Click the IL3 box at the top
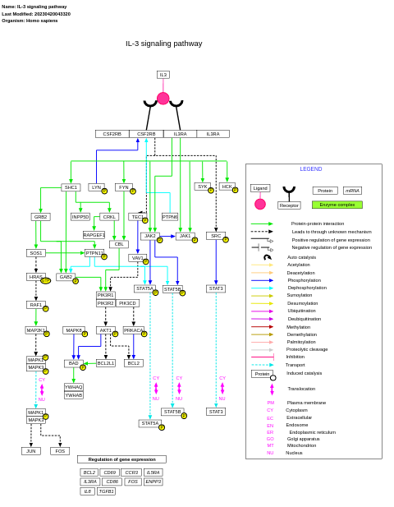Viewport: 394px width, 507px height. pyautogui.click(x=163, y=75)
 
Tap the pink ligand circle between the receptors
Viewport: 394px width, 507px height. pyautogui.click(x=163, y=99)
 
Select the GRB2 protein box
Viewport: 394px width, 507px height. pyautogui.click(x=41, y=217)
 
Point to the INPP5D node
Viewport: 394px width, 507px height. pyautogui.click(x=80, y=217)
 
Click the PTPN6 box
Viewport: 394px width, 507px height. pyautogui.click(x=170, y=217)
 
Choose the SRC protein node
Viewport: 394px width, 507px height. pyautogui.click(x=216, y=236)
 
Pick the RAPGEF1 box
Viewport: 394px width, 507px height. pyautogui.click(x=94, y=235)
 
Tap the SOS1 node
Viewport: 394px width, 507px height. pyautogui.click(x=36, y=253)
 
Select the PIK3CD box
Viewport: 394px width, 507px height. pyautogui.click(x=127, y=303)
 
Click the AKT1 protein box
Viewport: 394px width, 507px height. pyautogui.click(x=105, y=330)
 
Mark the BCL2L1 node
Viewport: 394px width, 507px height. pyautogui.click(x=106, y=363)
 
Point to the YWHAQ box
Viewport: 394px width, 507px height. pyautogui.click(x=74, y=387)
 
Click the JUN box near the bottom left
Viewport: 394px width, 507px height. pyautogui.click(x=31, y=451)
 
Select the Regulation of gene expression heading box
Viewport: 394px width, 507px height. pyautogui.click(x=121, y=459)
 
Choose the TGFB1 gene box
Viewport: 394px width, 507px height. pyautogui.click(x=107, y=491)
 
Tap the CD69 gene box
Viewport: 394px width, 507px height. pyautogui.click(x=110, y=472)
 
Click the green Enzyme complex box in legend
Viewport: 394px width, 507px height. pyautogui.click(x=337, y=205)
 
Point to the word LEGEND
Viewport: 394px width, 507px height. pyautogui.click(x=311, y=169)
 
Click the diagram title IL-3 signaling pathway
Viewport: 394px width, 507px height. pyautogui.click(x=163, y=44)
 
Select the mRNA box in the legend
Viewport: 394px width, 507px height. pyautogui.click(x=352, y=191)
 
